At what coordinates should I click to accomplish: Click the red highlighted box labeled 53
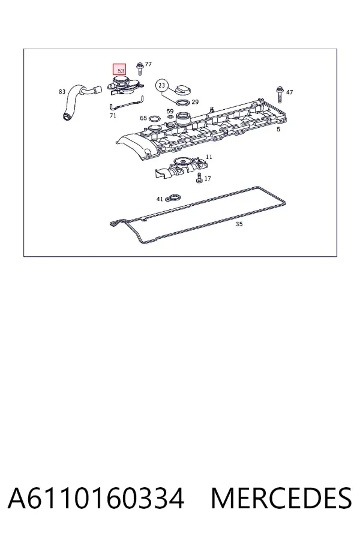pyautogui.click(x=119, y=70)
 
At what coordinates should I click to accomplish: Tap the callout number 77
pyautogui.click(x=148, y=64)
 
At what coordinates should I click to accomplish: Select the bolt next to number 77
pyautogui.click(x=140, y=68)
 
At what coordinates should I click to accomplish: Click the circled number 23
pyautogui.click(x=162, y=85)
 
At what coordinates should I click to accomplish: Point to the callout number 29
pyautogui.click(x=195, y=102)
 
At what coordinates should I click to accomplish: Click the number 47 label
pyautogui.click(x=289, y=92)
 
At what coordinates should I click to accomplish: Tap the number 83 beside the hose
pyautogui.click(x=62, y=92)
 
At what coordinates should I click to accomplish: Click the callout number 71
pyautogui.click(x=113, y=116)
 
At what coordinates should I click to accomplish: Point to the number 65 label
pyautogui.click(x=143, y=118)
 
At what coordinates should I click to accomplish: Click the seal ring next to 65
pyautogui.click(x=155, y=119)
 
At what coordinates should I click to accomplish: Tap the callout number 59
pyautogui.click(x=170, y=111)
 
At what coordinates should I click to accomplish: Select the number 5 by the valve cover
pyautogui.click(x=278, y=129)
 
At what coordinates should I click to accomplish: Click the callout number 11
pyautogui.click(x=209, y=157)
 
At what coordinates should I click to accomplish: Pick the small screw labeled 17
pyautogui.click(x=199, y=178)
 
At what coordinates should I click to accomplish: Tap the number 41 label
pyautogui.click(x=160, y=199)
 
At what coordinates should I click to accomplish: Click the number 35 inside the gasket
pyautogui.click(x=239, y=224)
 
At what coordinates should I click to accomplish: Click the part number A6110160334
pyautogui.click(x=96, y=498)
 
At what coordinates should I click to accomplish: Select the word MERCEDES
pyautogui.click(x=281, y=498)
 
